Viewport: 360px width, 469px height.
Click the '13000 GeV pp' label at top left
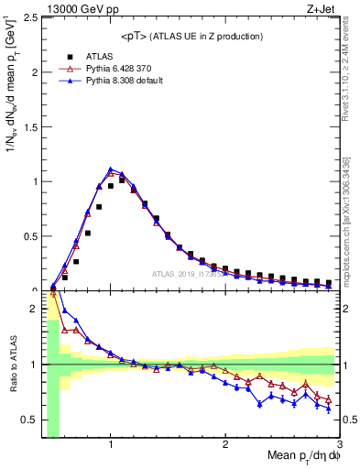pyautogui.click(x=71, y=7)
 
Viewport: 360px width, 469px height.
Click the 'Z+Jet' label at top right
pyautogui.click(x=322, y=7)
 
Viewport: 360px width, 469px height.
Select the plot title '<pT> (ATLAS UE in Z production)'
pyautogui.click(x=191, y=36)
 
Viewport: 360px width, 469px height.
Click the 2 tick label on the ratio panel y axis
pyautogui.click(x=32, y=308)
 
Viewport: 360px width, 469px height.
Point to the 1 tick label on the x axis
pyautogui.click(x=111, y=445)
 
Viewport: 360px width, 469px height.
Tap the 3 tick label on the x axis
pyautogui.click(x=339, y=445)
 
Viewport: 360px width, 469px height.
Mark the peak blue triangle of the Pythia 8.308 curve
pyautogui.click(x=111, y=169)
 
